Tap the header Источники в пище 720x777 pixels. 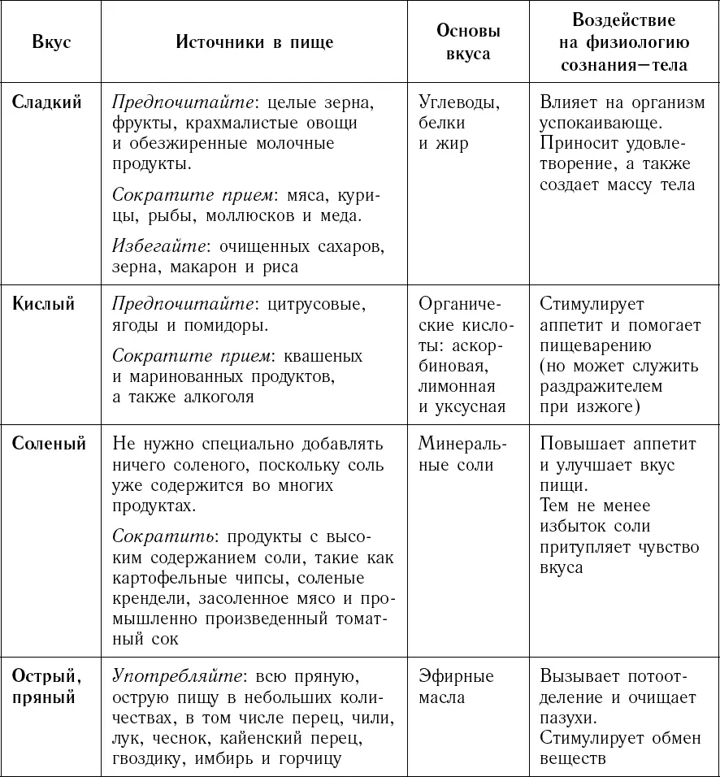click(254, 42)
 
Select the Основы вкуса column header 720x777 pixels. click(468, 42)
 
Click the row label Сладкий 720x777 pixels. click(47, 103)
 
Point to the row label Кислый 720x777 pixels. click(44, 304)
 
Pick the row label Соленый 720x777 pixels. click(48, 444)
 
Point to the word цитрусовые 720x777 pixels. click(312, 305)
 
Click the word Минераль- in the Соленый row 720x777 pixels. click(462, 445)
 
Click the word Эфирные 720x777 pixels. click(456, 676)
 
